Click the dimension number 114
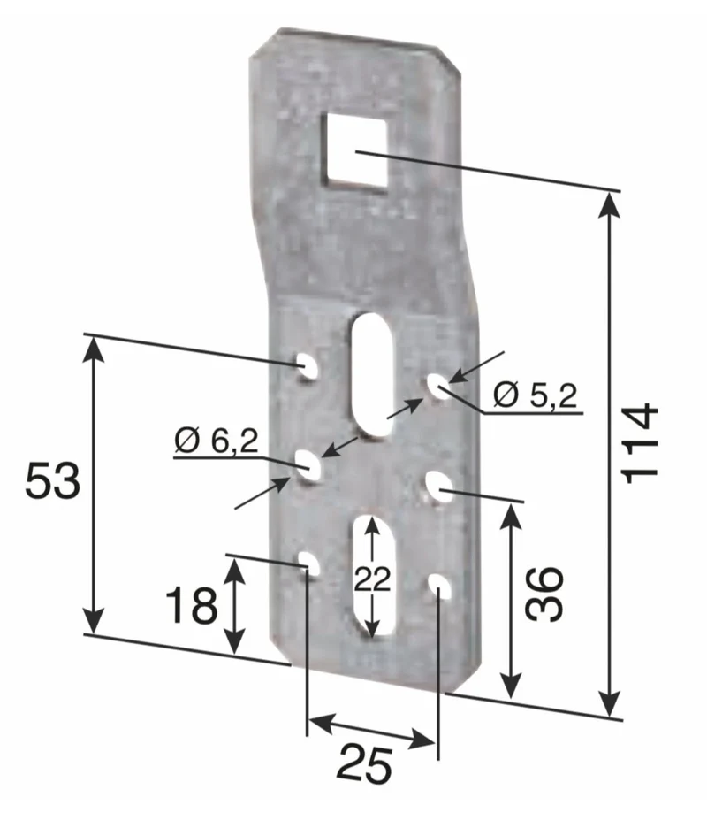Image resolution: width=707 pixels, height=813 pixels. tap(641, 443)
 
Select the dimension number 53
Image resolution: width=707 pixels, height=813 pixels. tap(53, 480)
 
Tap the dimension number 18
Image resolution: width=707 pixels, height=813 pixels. tap(191, 604)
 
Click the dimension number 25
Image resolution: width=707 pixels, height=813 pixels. tap(365, 764)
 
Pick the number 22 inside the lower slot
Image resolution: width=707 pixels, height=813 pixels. tap(372, 579)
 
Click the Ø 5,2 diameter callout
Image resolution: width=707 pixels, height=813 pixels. tap(535, 395)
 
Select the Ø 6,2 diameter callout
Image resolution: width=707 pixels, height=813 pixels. tap(216, 441)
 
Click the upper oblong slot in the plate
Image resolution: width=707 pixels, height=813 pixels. tap(371, 373)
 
